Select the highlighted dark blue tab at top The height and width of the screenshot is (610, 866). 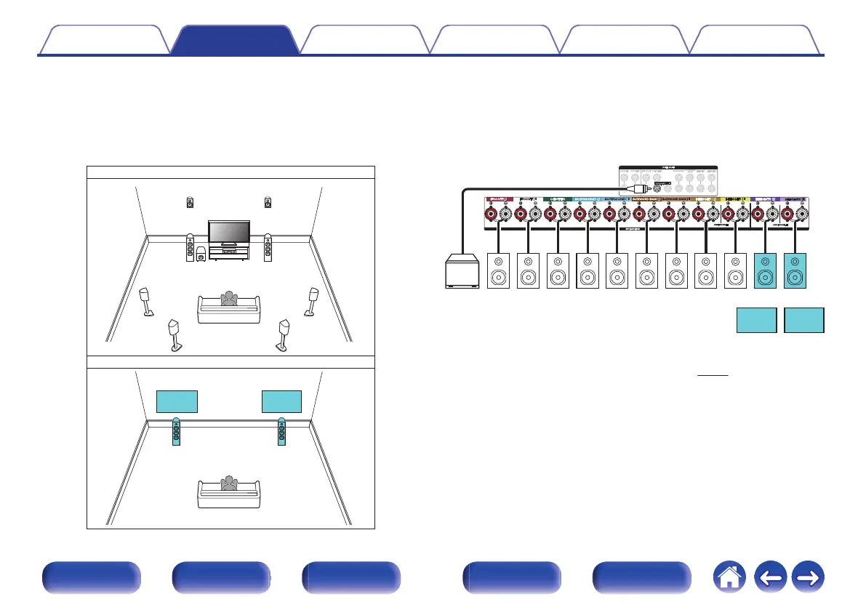pyautogui.click(x=234, y=40)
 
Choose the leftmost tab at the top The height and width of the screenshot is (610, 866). pyautogui.click(x=103, y=40)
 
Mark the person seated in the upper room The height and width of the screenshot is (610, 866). pyautogui.click(x=230, y=300)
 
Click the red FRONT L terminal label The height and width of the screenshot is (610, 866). pyautogui.click(x=500, y=198)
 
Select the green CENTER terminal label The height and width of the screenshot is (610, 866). pyautogui.click(x=558, y=198)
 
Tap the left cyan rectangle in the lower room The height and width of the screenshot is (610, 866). pyautogui.click(x=177, y=401)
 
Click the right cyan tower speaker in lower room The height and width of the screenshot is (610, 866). pyautogui.click(x=282, y=432)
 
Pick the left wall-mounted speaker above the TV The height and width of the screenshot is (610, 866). pyautogui.click(x=190, y=201)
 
